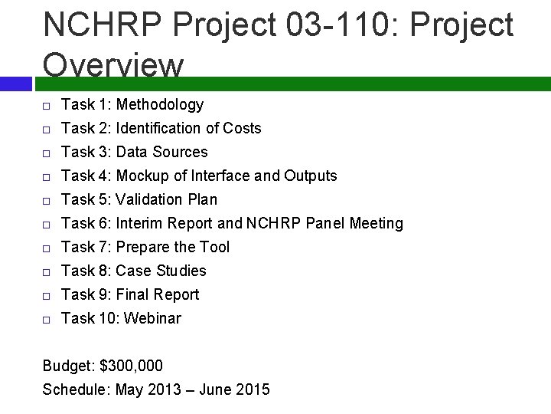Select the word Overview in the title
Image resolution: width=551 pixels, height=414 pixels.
114,66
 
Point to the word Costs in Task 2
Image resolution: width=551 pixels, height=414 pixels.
243,129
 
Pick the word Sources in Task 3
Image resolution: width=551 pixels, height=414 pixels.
181,153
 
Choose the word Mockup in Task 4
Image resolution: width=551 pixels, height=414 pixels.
142,176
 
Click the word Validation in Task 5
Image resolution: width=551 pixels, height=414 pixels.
150,200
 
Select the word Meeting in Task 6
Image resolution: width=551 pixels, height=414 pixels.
376,224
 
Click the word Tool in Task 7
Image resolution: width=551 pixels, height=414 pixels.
214,248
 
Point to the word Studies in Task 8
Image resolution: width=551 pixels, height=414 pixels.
181,271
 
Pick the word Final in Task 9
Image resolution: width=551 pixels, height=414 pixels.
132,295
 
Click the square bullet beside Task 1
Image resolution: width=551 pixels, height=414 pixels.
47,106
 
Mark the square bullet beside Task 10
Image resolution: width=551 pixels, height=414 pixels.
47,320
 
